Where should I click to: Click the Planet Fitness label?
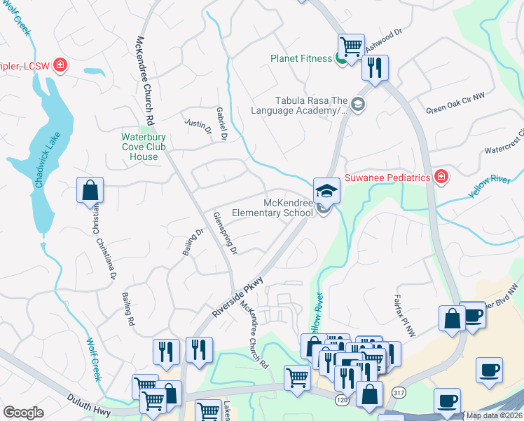coord(301,58)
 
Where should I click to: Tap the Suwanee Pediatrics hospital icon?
coord(441,178)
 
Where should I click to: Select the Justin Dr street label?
coord(198,126)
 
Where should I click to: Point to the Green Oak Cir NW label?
coord(455,103)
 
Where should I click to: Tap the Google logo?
coord(23,412)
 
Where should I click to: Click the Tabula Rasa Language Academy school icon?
coord(358,105)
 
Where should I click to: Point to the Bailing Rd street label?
coord(128,309)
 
